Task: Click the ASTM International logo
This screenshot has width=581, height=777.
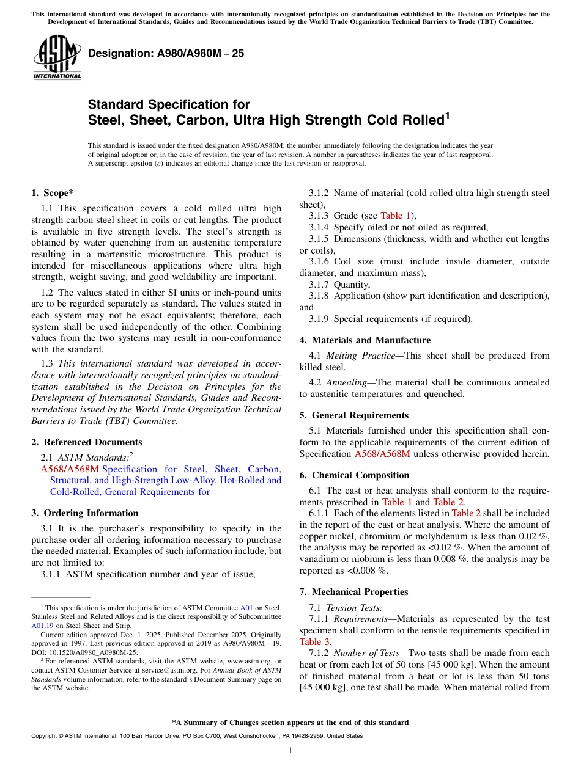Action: (57, 57)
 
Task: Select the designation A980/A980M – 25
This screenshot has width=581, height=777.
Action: (166, 54)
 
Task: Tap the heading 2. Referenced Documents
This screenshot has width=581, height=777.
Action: (86, 442)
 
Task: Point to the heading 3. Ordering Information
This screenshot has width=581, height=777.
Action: (84, 513)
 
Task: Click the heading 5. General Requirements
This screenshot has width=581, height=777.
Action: (353, 415)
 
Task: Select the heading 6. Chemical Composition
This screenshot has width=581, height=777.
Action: (354, 475)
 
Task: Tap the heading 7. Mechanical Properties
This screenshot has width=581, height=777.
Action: (353, 592)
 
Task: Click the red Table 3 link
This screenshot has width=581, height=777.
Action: (314, 642)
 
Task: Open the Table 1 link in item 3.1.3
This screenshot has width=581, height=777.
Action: (391, 216)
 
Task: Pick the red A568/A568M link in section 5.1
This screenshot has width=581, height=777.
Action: (382, 454)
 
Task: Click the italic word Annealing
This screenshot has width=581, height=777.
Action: (346, 382)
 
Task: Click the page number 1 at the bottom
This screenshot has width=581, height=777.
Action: (290, 751)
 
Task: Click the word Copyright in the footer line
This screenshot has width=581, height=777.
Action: (45, 736)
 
